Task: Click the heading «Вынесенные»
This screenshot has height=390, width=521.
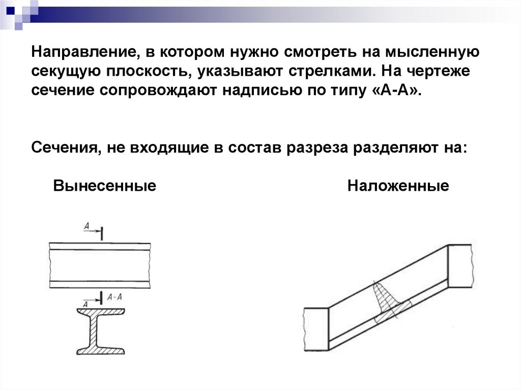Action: (104, 186)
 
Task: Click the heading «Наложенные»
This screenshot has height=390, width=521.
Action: (398, 186)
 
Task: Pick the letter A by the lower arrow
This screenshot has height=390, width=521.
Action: (85, 304)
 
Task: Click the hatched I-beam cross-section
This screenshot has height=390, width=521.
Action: (101, 331)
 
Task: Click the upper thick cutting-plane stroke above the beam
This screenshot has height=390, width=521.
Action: (102, 233)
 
